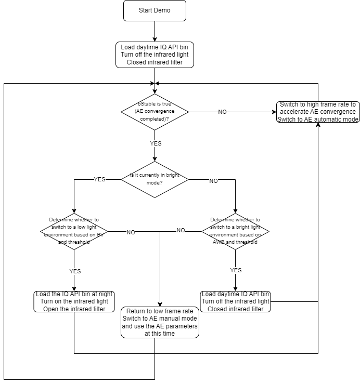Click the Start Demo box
click(x=155, y=11)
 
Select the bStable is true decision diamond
click(x=155, y=111)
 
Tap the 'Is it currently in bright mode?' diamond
click(x=155, y=179)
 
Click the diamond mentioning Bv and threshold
click(x=74, y=231)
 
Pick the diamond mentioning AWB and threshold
click(x=235, y=231)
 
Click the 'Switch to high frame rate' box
click(x=317, y=111)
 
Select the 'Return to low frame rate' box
click(x=160, y=322)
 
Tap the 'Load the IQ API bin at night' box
click(x=74, y=301)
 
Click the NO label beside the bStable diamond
click(x=222, y=112)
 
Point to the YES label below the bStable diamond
click(x=156, y=143)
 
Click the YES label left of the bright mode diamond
click(x=99, y=179)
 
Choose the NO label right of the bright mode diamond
click(x=213, y=181)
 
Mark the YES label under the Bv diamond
click(x=75, y=271)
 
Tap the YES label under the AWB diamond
click(x=236, y=270)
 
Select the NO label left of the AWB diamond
click(x=181, y=230)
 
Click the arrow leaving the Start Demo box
click(x=155, y=31)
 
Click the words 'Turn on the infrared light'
click(x=74, y=301)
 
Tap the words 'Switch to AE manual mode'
click(x=160, y=318)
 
